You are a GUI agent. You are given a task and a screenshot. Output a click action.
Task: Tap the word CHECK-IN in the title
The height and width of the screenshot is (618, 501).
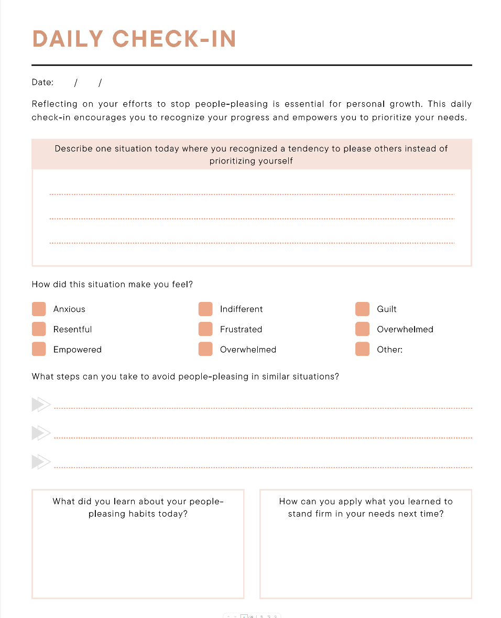coord(175,39)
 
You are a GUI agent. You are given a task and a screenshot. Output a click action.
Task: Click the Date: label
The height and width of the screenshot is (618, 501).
coord(42,82)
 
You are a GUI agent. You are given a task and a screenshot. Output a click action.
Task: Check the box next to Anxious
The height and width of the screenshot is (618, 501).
coord(39,309)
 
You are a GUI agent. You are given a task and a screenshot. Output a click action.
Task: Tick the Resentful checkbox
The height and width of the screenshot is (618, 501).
coord(39,329)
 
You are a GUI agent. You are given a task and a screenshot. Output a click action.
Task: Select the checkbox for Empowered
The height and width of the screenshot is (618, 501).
coord(39,350)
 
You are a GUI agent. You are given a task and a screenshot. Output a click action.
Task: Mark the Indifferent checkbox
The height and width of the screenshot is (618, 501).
coord(205,309)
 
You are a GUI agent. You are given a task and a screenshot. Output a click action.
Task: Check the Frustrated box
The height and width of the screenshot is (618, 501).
coord(205,329)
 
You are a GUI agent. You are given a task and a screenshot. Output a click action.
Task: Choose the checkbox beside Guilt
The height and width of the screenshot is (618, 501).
coord(362,309)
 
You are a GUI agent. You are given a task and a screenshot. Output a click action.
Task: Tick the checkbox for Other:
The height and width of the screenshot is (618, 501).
coord(362,350)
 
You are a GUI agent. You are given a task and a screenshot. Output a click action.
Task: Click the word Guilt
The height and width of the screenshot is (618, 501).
coord(387,309)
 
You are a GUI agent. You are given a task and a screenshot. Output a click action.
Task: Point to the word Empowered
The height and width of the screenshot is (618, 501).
coord(78,350)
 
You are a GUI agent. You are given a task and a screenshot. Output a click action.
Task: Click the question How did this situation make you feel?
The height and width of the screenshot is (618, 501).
coord(112,285)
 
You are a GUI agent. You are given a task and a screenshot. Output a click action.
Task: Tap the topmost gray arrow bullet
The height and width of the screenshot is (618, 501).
coord(40,405)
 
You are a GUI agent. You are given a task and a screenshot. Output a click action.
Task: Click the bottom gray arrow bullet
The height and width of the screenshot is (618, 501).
coord(40,462)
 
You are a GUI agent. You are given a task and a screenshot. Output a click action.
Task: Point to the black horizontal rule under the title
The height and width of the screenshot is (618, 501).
coord(252,65)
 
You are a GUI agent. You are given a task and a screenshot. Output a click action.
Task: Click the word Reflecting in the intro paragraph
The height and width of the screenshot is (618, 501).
coord(55,104)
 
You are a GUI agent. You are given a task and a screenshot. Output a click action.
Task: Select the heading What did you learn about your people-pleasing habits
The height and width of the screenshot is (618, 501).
coord(138,507)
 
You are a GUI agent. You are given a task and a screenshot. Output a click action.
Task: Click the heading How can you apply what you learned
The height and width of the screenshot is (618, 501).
coord(366,507)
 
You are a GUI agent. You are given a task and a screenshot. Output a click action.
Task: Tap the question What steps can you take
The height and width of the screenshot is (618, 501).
coord(185,376)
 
